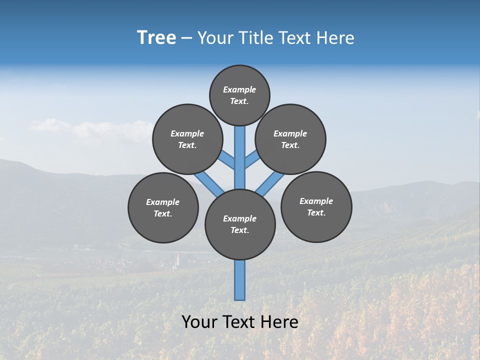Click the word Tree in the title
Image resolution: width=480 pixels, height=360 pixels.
coord(156,38)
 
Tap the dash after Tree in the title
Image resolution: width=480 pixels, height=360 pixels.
coord(186,38)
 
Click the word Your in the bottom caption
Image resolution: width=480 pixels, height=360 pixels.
coord(199,322)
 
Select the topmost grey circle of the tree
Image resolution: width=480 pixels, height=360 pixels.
coord(239,95)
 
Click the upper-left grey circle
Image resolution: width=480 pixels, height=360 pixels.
coord(187,139)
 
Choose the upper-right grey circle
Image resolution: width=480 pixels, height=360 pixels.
coord(290,139)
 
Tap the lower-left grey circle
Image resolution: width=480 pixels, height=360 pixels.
coord(163,207)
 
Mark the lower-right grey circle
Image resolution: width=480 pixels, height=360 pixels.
coord(316,206)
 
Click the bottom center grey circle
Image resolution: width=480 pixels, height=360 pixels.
coord(240,224)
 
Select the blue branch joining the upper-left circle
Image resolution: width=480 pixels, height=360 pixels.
coord(227,160)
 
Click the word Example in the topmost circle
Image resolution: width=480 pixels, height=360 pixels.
coord(239,89)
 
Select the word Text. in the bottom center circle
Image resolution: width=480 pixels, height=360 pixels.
coord(239,230)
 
